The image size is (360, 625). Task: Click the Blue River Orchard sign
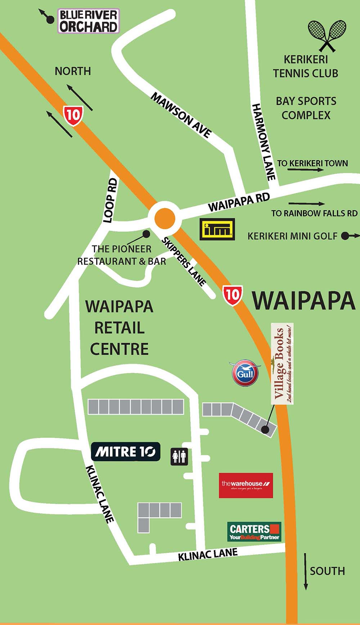pyautogui.click(x=88, y=21)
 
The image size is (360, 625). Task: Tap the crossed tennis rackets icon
pyautogui.click(x=327, y=35)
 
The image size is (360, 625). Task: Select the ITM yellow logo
pyautogui.click(x=217, y=229)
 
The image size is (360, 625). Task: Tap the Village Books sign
pyautogui.click(x=282, y=364)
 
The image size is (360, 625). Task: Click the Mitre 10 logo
pyautogui.click(x=125, y=451)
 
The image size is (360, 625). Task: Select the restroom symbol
pyautogui.click(x=179, y=457)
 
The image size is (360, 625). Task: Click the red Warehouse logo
pyautogui.click(x=246, y=485)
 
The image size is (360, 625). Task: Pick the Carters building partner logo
pyautogui.click(x=254, y=532)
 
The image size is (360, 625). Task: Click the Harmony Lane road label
pyautogui.click(x=264, y=142)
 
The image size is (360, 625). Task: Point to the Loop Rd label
pyautogui.click(x=111, y=201)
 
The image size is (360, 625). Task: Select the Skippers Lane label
pyautogui.click(x=184, y=261)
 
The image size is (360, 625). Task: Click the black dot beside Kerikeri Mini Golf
pyautogui.click(x=345, y=236)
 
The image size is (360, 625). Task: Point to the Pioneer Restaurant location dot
pyautogui.click(x=146, y=234)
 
